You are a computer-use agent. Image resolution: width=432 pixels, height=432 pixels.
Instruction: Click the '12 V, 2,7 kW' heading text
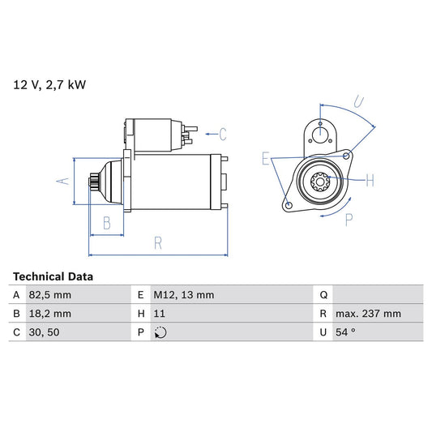(x=49, y=83)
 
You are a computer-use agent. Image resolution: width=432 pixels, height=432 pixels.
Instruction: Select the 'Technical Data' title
(x=53, y=276)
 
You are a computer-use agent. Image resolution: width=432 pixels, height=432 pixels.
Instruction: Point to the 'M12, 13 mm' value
(x=184, y=296)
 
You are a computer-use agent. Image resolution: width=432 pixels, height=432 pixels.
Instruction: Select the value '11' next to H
(x=160, y=314)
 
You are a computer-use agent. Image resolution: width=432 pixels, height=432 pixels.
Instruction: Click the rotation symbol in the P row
(x=160, y=331)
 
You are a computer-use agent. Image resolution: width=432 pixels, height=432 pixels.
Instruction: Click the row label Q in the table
(x=323, y=296)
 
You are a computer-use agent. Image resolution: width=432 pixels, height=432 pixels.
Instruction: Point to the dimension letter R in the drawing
(x=157, y=242)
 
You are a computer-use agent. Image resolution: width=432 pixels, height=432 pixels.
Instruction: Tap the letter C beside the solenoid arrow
(x=222, y=135)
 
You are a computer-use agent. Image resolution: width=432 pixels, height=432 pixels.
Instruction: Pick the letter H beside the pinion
(x=370, y=179)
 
